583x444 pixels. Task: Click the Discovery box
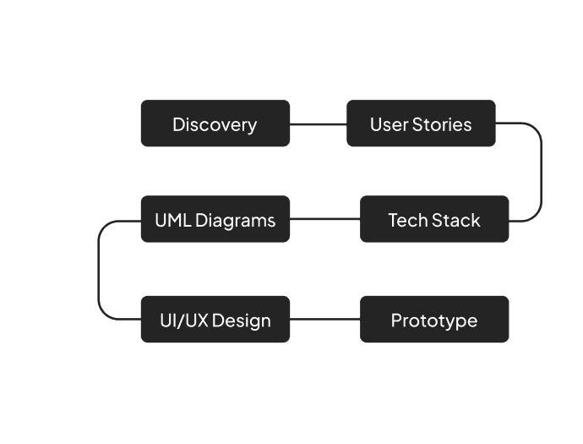point(215,124)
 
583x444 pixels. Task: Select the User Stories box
point(421,124)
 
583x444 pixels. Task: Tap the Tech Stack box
point(434,220)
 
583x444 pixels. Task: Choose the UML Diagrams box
point(215,220)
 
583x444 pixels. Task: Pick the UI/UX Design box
point(215,320)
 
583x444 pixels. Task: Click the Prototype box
point(434,320)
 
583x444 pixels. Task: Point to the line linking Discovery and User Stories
point(319,124)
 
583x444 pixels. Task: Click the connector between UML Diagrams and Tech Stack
point(325,220)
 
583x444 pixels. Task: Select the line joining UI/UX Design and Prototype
point(325,320)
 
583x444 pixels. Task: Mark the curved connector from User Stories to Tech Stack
point(541,173)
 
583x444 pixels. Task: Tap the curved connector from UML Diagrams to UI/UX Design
point(99,271)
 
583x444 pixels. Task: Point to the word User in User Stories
point(389,124)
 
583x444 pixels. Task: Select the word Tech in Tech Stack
point(407,220)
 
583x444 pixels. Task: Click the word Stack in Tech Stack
point(456,220)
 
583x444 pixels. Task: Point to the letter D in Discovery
point(178,124)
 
